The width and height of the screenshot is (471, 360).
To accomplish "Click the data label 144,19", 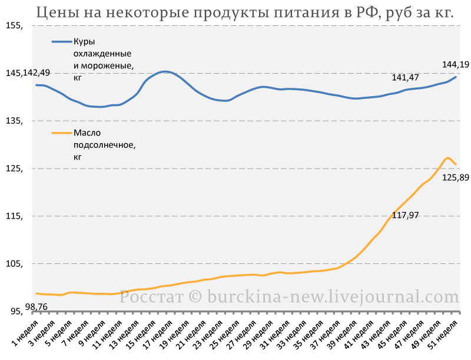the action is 455,64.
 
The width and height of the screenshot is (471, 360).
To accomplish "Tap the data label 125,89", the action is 455,177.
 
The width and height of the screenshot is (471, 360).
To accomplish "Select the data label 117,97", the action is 405,215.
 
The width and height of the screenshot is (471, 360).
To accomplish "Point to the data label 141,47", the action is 405,78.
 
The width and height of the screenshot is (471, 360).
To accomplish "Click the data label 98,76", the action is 37,307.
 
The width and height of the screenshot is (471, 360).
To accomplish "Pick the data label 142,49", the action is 37,73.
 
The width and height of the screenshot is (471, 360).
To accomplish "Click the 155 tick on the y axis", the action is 14,26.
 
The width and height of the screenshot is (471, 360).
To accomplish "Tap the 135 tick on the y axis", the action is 14,121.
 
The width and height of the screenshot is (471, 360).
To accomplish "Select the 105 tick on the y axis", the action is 14,264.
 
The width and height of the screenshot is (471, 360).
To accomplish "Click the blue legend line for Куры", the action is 62,41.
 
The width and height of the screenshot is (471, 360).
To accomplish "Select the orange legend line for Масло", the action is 62,133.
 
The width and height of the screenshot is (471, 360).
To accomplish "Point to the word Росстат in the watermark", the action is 151,297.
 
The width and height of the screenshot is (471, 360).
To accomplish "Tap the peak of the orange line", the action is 447,158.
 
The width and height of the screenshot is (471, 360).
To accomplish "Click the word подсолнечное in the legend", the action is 105,145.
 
